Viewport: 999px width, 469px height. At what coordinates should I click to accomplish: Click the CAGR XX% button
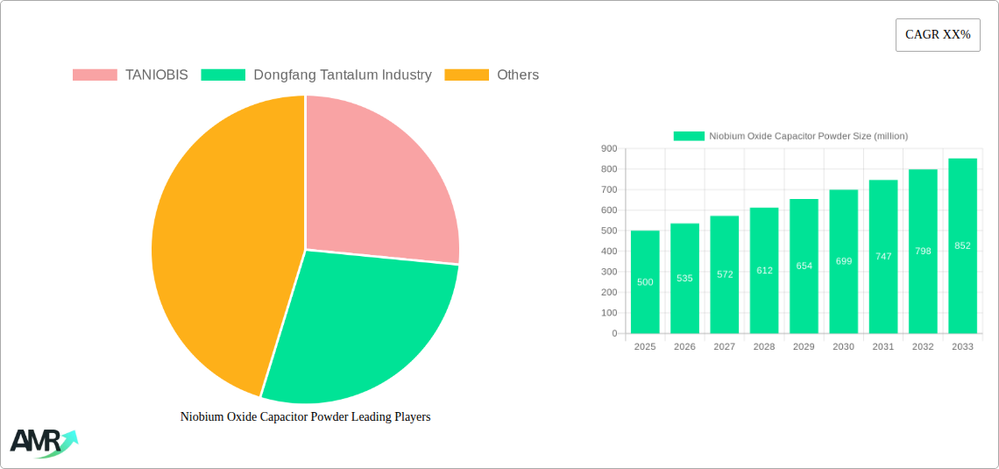pos(937,35)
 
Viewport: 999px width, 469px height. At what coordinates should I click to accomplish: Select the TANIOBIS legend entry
pos(131,75)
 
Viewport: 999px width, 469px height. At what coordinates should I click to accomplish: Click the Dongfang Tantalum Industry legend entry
pos(316,75)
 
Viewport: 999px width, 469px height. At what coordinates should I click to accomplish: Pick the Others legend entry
pos(492,75)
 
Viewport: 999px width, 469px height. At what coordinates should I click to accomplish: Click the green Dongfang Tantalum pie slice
pos(359,324)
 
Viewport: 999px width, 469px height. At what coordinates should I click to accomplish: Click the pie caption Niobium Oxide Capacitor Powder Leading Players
pos(305,417)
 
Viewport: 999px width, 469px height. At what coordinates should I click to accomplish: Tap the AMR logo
pos(43,443)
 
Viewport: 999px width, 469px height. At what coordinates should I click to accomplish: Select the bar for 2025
pos(645,282)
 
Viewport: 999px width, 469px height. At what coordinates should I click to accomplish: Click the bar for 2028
pos(764,271)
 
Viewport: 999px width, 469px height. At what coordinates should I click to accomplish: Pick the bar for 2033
pos(962,246)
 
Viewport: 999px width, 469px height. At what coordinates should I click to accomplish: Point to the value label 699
pos(844,261)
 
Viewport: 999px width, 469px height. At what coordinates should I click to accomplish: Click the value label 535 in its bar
pos(684,278)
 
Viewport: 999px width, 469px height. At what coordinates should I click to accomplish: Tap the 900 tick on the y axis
pos(608,149)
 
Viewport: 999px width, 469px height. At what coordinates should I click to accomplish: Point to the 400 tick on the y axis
pos(608,252)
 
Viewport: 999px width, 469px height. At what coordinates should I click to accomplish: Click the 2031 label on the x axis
pos(883,347)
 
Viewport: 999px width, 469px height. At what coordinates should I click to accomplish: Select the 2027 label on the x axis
pos(725,347)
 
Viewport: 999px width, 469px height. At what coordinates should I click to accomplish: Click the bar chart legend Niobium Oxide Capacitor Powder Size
pos(790,136)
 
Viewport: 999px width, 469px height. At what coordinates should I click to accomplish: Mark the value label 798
pos(923,252)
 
